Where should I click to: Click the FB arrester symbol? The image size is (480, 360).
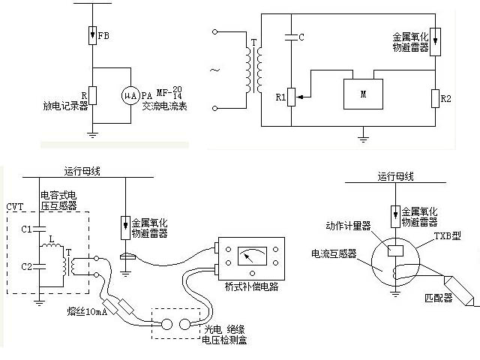click(92, 35)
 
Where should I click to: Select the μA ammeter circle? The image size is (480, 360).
click(130, 95)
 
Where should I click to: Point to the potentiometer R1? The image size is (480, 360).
click(292, 96)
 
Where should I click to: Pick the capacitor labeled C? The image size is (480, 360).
click(291, 36)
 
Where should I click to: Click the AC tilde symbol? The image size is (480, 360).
click(214, 71)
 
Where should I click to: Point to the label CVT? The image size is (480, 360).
click(15, 205)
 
